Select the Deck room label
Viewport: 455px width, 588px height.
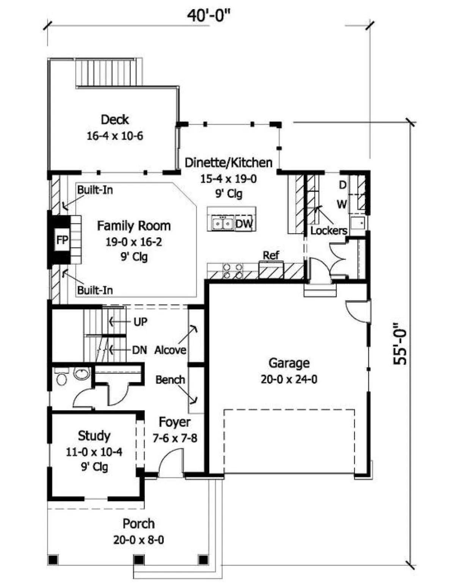tap(115, 119)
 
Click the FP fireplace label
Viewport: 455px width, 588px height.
tap(62, 240)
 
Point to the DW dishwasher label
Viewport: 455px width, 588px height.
tap(244, 224)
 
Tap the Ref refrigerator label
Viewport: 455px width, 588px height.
tap(271, 255)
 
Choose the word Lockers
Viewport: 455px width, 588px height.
tap(329, 230)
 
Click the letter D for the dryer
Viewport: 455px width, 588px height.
tap(343, 185)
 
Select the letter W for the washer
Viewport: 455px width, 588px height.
tap(342, 204)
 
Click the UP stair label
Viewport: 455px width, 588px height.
tap(140, 322)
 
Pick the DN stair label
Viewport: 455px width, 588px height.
tap(140, 350)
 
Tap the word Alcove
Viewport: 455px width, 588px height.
tap(170, 350)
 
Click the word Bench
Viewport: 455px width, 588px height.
tap(170, 380)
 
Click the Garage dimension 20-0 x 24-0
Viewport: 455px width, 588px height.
tap(289, 379)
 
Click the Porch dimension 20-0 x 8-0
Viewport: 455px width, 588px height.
tap(138, 540)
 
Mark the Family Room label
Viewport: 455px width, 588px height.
tap(134, 226)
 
